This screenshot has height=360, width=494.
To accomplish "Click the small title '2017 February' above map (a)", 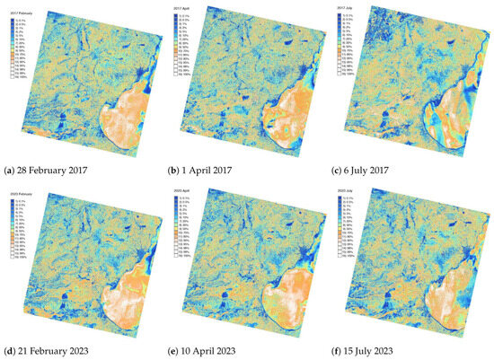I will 19,12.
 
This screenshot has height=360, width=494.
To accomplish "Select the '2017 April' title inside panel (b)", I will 182,8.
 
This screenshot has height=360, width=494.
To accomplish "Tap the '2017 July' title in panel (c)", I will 348,8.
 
